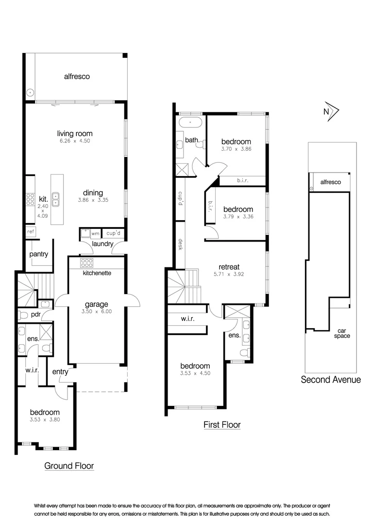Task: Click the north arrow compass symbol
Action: click(331, 111)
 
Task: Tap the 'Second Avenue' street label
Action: click(331, 380)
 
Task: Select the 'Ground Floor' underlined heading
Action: click(69, 466)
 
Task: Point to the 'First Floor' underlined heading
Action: click(222, 425)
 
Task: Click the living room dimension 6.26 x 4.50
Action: click(74, 141)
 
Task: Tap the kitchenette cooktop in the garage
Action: click(87, 263)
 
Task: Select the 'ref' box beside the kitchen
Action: click(31, 232)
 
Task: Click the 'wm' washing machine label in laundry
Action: click(95, 234)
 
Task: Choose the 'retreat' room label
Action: click(229, 267)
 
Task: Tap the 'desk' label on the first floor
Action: click(180, 245)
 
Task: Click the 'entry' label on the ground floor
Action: click(60, 372)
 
